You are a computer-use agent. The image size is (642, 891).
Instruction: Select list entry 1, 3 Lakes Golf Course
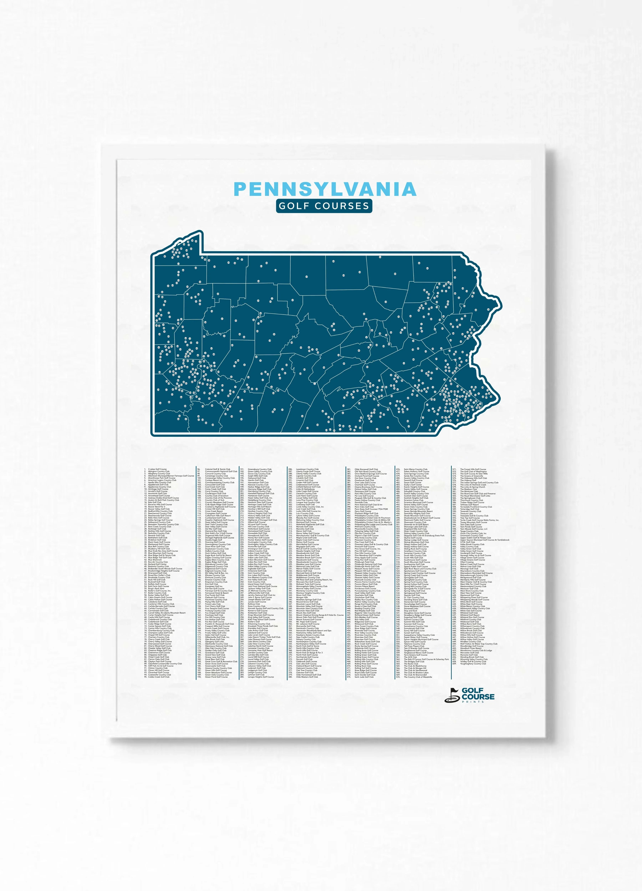157,469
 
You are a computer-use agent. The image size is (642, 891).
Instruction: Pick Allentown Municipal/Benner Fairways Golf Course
171,476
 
